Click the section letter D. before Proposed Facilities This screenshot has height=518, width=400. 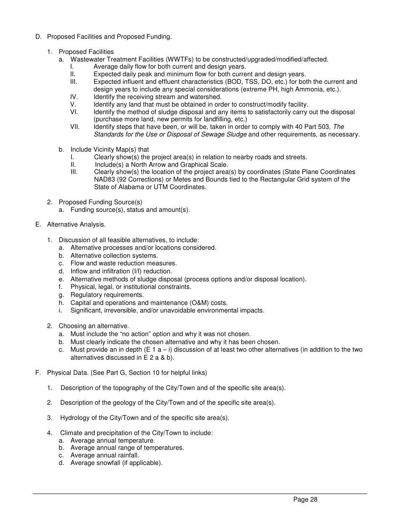point(38,37)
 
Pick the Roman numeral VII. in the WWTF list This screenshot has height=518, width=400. point(75,127)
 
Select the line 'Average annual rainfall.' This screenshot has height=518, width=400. point(105,455)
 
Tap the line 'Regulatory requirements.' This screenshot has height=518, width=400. point(107,295)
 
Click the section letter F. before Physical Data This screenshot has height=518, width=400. point(38,373)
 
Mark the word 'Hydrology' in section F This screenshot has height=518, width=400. point(74,418)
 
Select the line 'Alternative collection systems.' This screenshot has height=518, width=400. point(114,256)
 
